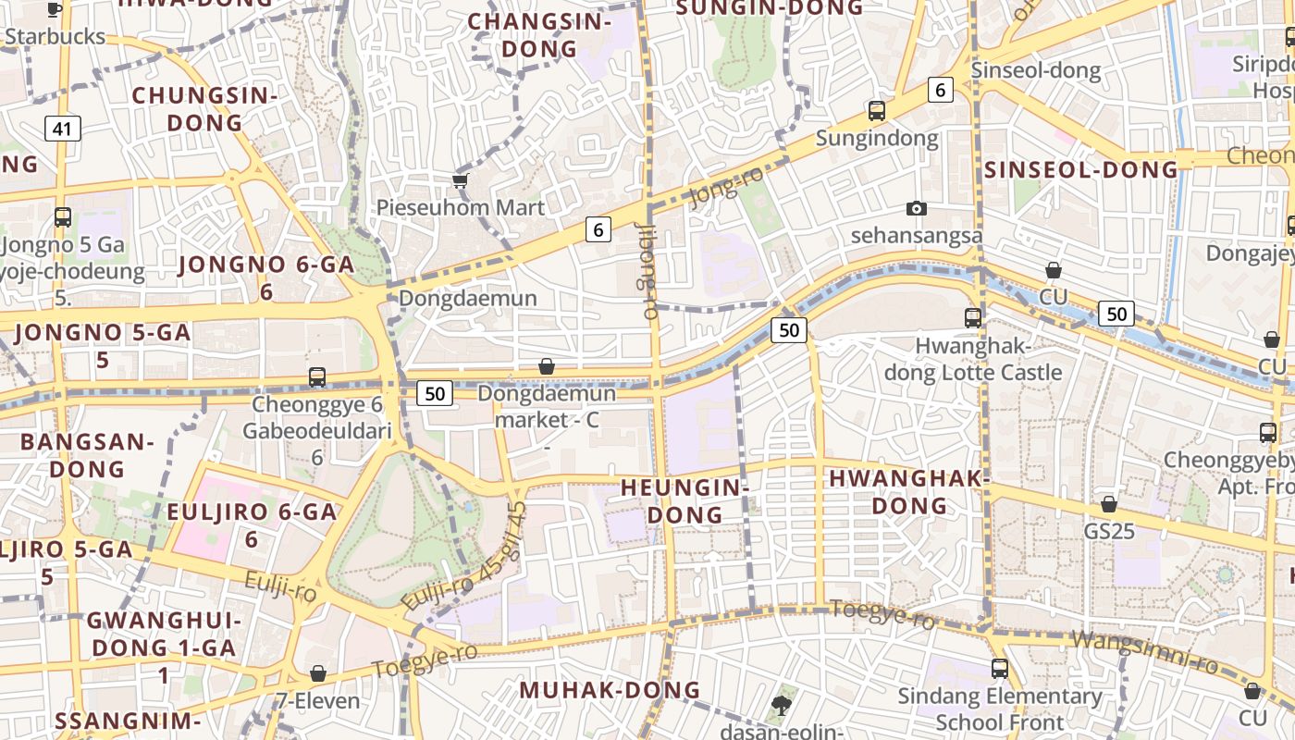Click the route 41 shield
pyautogui.click(x=62, y=129)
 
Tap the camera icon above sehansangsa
pyautogui.click(x=916, y=209)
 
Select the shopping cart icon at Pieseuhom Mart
pyautogui.click(x=460, y=180)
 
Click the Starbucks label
pyautogui.click(x=55, y=37)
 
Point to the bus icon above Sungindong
pyautogui.click(x=876, y=111)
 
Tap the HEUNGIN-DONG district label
pyautogui.click(x=684, y=500)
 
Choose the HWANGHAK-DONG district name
pyautogui.click(x=909, y=492)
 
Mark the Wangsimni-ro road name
pyautogui.click(x=1144, y=651)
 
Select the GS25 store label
pyautogui.click(x=1108, y=532)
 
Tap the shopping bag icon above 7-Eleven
pyautogui.click(x=318, y=673)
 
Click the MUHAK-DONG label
pyautogui.click(x=610, y=690)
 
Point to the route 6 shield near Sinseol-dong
pyautogui.click(x=940, y=90)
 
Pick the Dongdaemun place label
pyautogui.click(x=467, y=298)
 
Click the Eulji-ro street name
pyautogui.click(x=281, y=586)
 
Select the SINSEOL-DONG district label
pyautogui.click(x=1080, y=169)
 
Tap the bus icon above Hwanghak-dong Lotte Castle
pyautogui.click(x=972, y=318)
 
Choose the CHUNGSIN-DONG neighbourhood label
pyautogui.click(x=204, y=108)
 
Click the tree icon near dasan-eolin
pyautogui.click(x=781, y=706)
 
